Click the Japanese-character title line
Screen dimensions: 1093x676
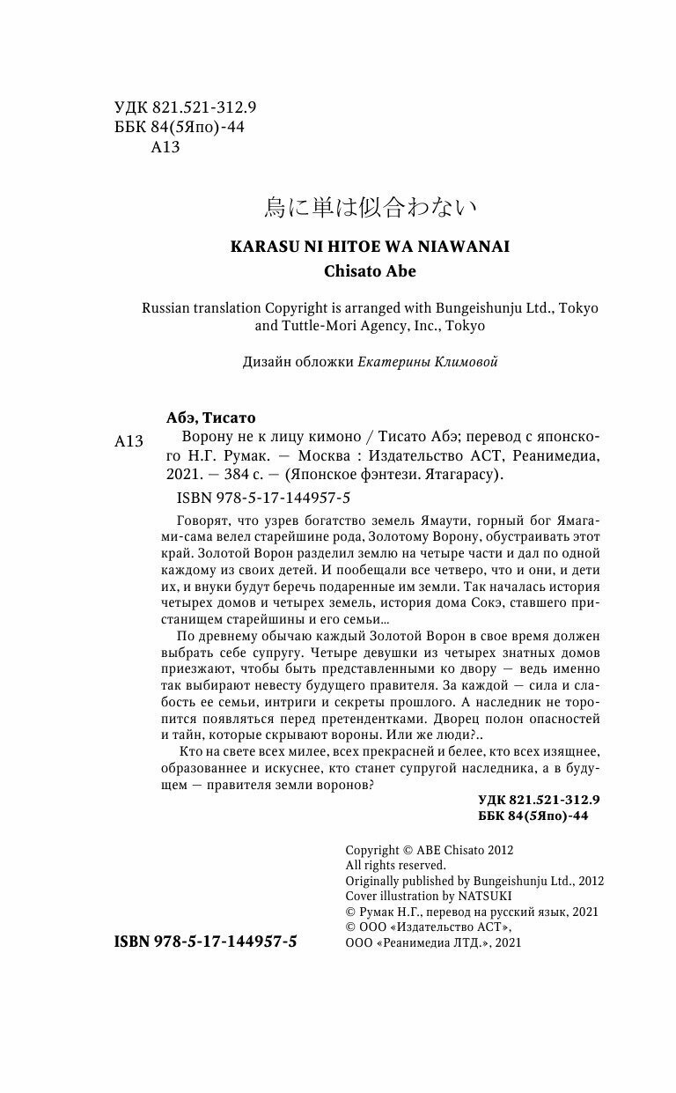(370, 207)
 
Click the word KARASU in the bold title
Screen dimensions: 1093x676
(262, 247)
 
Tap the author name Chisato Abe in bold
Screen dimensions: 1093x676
(370, 271)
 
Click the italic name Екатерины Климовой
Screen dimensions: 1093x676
(428, 362)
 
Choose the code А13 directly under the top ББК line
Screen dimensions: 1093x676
(165, 147)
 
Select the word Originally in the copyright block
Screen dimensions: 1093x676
(373, 881)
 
